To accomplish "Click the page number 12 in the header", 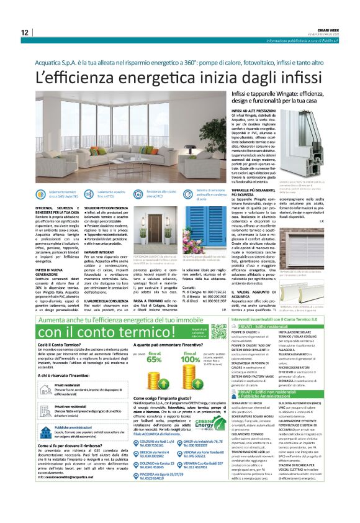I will [24, 33].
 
